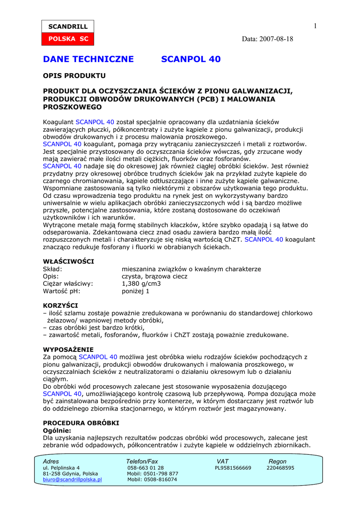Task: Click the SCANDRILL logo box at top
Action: pyautogui.click(x=67, y=26)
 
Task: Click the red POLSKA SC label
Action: pyautogui.click(x=67, y=39)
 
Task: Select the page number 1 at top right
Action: pyautogui.click(x=315, y=26)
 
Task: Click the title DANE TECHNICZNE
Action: pyautogui.click(x=89, y=59)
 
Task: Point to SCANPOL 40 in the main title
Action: pyautogui.click(x=191, y=59)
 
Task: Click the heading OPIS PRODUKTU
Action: pyautogui.click(x=74, y=76)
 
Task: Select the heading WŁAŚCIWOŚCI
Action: pyautogui.click(x=69, y=261)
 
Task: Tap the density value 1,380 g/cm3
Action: pyautogui.click(x=141, y=284)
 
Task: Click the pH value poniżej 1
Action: pyautogui.click(x=136, y=291)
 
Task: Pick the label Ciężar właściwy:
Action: pyautogui.click(x=68, y=284)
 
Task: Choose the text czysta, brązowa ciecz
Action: pyautogui.click(x=155, y=276)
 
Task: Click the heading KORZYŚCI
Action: pyautogui.click(x=60, y=305)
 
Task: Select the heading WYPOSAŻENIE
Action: pyautogui.click(x=68, y=349)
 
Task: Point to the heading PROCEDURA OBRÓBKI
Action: pyautogui.click(x=81, y=423)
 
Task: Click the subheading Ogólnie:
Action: pyautogui.click(x=57, y=430)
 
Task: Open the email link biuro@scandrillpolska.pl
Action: pyautogui.click(x=73, y=480)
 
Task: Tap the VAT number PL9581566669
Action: pyautogui.click(x=233, y=468)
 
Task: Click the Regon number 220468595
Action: pyautogui.click(x=280, y=468)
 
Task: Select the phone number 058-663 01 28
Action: pyautogui.click(x=145, y=468)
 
